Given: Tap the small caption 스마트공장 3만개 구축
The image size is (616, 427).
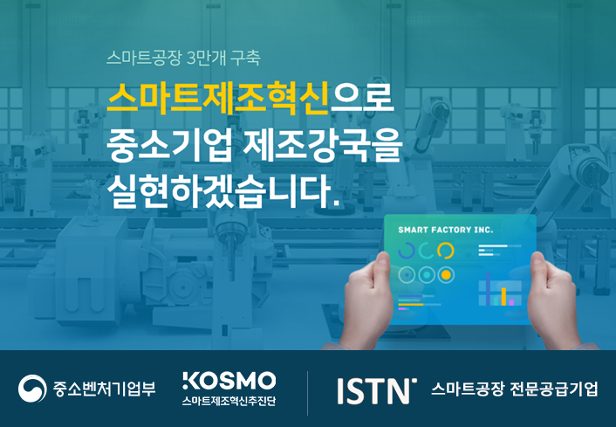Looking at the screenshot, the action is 183,59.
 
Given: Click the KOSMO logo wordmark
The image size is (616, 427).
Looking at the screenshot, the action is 229,381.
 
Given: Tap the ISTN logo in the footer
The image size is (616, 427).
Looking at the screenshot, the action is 376,391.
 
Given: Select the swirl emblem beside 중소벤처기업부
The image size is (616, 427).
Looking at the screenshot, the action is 32,389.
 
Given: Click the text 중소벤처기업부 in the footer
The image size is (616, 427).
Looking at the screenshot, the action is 104,389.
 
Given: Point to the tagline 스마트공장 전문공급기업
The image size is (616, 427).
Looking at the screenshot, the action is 514,389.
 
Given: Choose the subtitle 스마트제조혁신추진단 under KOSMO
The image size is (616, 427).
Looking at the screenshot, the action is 229,401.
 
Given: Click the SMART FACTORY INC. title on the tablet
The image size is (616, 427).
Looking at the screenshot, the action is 446,230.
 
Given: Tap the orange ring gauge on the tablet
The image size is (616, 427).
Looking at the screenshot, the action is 446,251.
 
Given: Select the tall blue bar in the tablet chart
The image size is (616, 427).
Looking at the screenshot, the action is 488,289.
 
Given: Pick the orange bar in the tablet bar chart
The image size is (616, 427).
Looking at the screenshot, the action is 503,297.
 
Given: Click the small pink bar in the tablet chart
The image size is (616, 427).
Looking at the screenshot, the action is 511,302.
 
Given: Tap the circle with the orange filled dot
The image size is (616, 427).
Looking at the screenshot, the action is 446,275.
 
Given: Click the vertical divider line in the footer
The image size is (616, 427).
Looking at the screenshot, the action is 308,393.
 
